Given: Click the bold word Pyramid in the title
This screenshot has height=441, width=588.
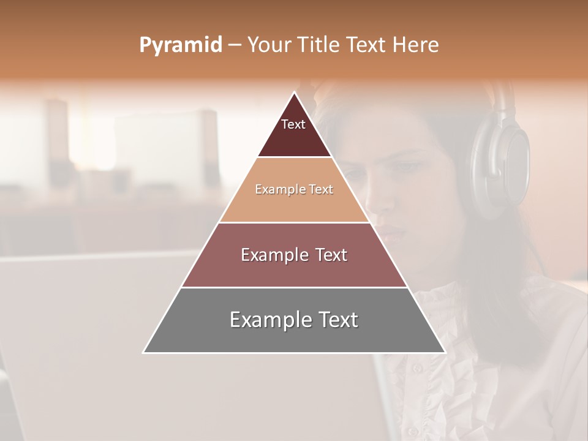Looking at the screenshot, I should [180, 45].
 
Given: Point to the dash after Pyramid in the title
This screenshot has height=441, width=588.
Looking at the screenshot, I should [235, 45].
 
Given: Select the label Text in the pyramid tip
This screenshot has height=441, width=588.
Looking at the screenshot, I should [293, 124].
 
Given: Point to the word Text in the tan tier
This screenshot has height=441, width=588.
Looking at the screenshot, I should [320, 189].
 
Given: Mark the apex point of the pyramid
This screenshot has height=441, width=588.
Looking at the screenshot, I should [294, 92].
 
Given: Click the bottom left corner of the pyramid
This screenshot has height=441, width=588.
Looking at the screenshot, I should [143, 352].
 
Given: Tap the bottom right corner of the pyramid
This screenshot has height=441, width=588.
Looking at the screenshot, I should [445, 352].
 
